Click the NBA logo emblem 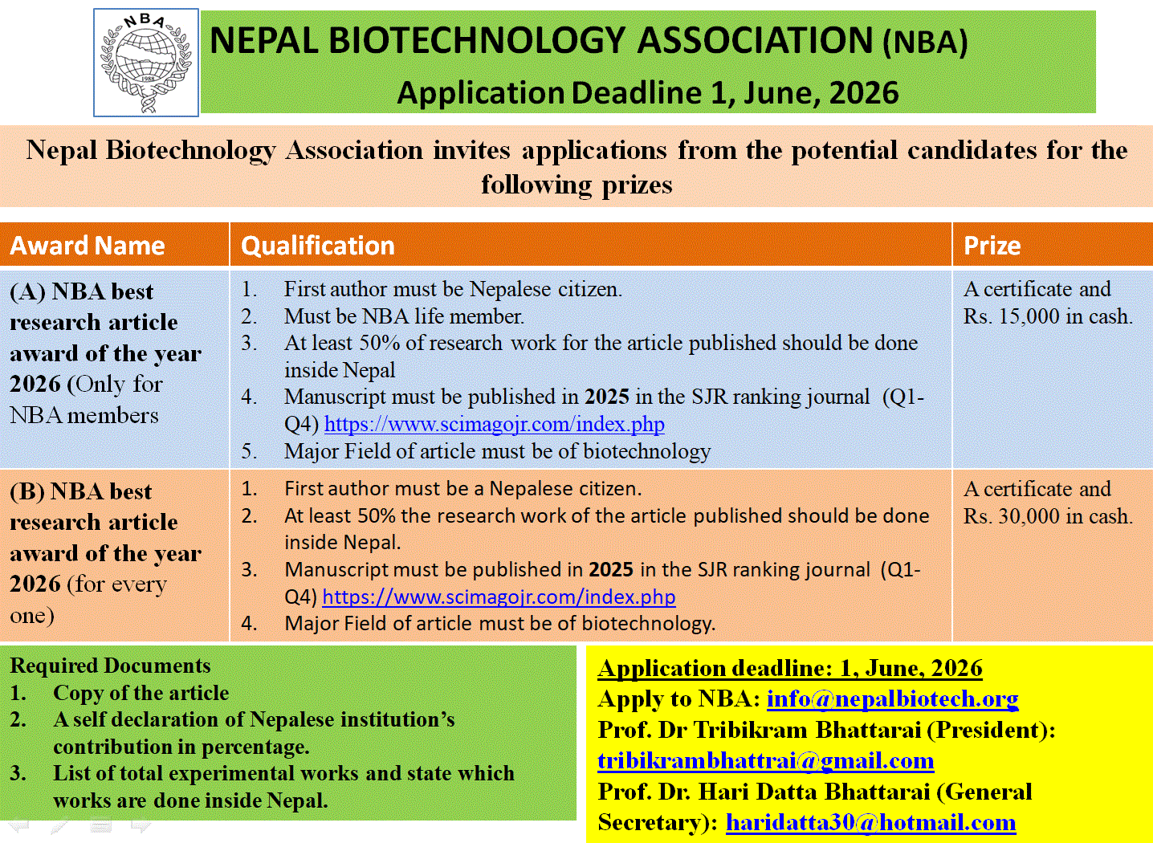[x=146, y=63]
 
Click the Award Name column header [x=88, y=246]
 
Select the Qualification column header [x=318, y=246]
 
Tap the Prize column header [x=992, y=246]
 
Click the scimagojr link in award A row [x=494, y=424]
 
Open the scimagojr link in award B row [x=499, y=597]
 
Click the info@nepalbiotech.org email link [x=892, y=699]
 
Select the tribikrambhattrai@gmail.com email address [x=765, y=761]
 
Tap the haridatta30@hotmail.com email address [x=870, y=822]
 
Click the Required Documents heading [x=110, y=666]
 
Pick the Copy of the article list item [x=141, y=693]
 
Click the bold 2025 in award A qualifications [x=606, y=397]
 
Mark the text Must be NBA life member [x=404, y=316]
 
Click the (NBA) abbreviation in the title [x=925, y=43]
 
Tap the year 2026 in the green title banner [x=864, y=93]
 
